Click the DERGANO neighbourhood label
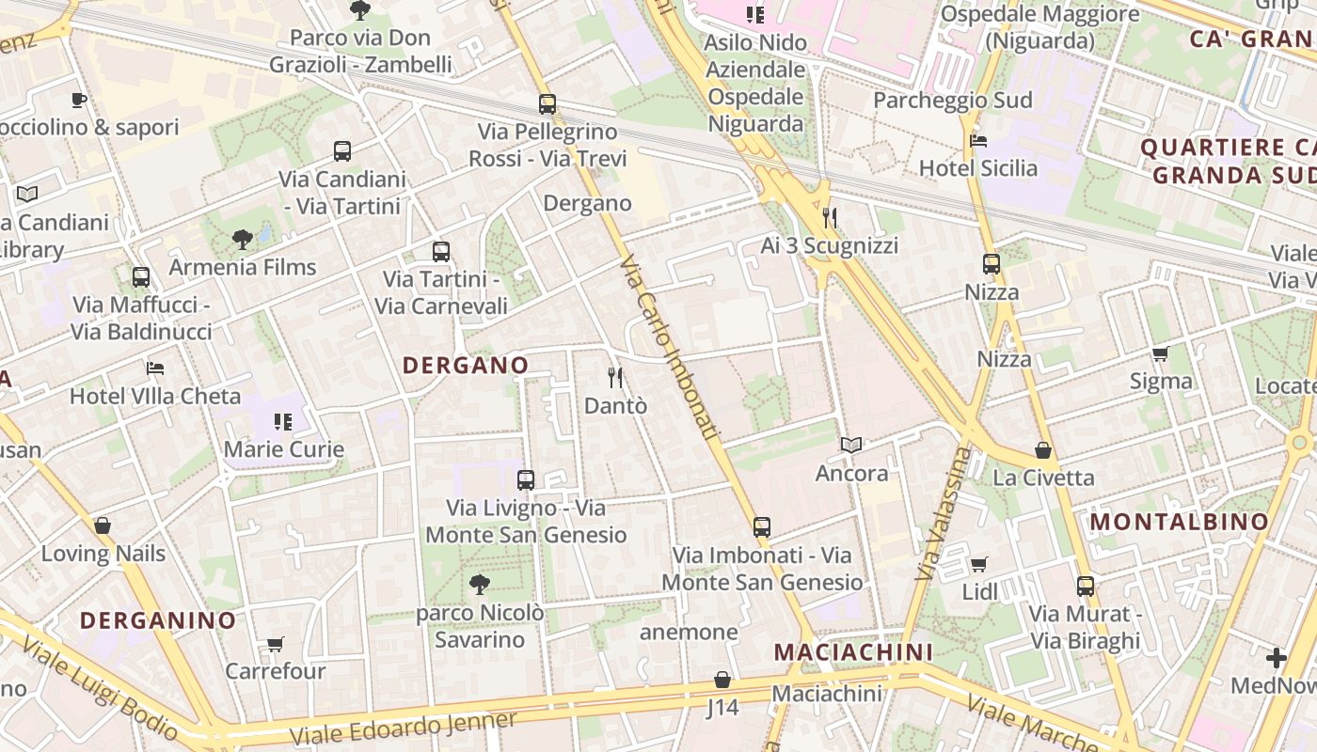pos(466,365)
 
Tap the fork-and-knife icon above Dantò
pos(615,378)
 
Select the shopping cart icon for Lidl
pos(979,565)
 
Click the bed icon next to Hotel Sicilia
pos(978,141)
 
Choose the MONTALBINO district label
pos(1180,522)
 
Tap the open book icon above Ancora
pos(851,445)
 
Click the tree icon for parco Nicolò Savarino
pos(480,585)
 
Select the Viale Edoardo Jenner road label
pos(404,726)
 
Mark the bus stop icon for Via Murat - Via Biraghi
pos(1086,587)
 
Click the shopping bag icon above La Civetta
pos(1043,450)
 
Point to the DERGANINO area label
pos(158,620)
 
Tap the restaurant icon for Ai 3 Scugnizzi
pos(830,218)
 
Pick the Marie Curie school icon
pos(283,422)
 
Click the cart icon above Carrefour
pos(275,644)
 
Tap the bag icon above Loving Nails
pos(103,525)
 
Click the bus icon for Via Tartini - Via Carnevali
pos(441,252)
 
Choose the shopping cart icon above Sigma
pos(1161,354)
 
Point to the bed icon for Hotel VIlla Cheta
pos(155,368)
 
